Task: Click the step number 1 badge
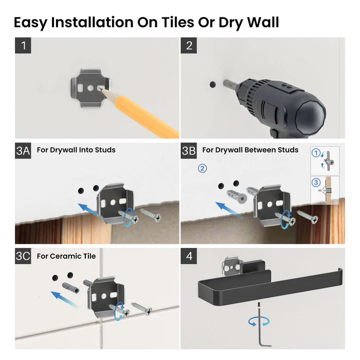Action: click(23, 45)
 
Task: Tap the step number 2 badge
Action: click(188, 45)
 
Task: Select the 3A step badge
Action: click(24, 150)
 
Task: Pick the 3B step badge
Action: click(189, 150)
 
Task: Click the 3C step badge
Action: click(24, 256)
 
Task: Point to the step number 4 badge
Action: click(188, 256)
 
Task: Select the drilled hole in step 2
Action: click(212, 83)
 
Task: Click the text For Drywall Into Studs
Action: click(76, 150)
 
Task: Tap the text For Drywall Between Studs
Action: click(250, 150)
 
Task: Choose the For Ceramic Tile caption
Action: click(66, 256)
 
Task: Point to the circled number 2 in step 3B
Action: click(202, 169)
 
